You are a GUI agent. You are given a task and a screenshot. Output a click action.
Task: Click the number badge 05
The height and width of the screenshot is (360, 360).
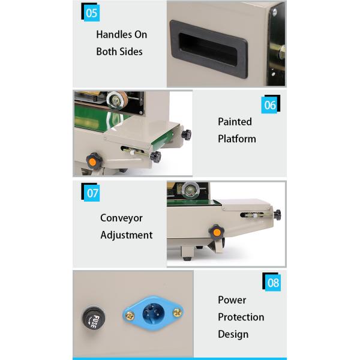91,13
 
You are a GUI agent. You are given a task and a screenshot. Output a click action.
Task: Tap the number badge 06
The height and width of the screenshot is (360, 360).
270,105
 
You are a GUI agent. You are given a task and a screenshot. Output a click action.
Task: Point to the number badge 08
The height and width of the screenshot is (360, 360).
273,282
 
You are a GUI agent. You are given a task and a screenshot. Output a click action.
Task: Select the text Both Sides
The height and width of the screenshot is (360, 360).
119,52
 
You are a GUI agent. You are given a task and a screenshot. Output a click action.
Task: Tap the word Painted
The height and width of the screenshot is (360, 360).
235,122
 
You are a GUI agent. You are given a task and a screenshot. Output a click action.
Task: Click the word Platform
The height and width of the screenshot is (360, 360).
236,139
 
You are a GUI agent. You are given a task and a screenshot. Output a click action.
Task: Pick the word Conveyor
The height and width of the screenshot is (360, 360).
121,218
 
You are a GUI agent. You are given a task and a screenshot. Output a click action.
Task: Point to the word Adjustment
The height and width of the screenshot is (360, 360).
126,235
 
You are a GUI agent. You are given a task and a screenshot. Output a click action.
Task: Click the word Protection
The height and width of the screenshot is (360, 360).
241,317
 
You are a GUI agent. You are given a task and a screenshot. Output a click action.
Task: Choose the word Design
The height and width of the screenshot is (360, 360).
233,334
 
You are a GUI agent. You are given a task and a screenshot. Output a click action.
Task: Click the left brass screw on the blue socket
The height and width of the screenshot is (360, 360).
128,313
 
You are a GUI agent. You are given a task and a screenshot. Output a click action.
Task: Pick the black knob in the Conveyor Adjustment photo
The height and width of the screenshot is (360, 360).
277,214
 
